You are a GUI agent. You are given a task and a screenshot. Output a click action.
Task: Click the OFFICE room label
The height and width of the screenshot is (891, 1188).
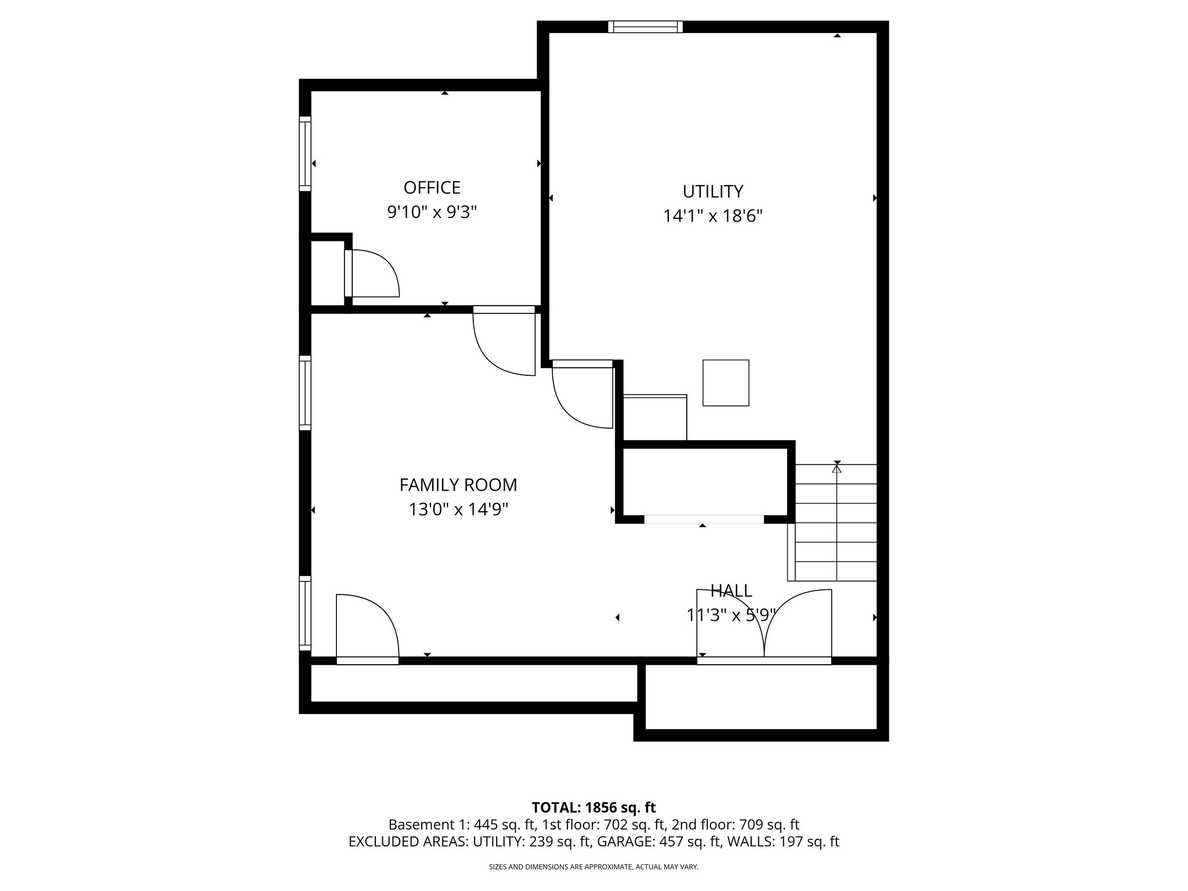click(x=432, y=188)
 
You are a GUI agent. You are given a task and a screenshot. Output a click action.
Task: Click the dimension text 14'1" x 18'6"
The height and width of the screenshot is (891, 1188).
click(x=712, y=216)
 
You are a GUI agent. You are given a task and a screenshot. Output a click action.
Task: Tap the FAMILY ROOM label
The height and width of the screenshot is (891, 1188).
click(x=458, y=484)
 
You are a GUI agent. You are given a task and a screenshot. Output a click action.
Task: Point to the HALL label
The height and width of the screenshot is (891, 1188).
click(x=731, y=591)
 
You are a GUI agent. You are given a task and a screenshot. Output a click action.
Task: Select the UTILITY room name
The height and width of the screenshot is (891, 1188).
click(x=712, y=191)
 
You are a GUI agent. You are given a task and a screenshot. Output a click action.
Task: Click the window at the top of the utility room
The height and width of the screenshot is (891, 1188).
click(x=645, y=27)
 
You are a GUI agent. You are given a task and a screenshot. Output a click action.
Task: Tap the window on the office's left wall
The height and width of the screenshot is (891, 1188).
click(x=305, y=154)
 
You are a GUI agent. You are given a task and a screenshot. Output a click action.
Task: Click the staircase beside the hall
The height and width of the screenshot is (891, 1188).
click(x=835, y=522)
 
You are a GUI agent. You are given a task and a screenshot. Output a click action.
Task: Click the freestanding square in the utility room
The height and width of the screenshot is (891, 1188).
click(x=726, y=383)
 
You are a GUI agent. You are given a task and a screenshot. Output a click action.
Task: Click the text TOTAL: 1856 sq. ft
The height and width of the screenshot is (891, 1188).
click(x=593, y=807)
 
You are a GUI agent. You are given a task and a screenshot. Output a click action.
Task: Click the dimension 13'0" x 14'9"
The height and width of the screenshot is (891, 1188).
click(x=458, y=509)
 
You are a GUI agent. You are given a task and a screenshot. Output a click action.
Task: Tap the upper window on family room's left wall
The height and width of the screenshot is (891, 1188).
click(x=305, y=393)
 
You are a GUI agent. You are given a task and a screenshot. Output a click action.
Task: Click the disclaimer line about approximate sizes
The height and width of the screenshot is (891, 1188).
click(x=593, y=867)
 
